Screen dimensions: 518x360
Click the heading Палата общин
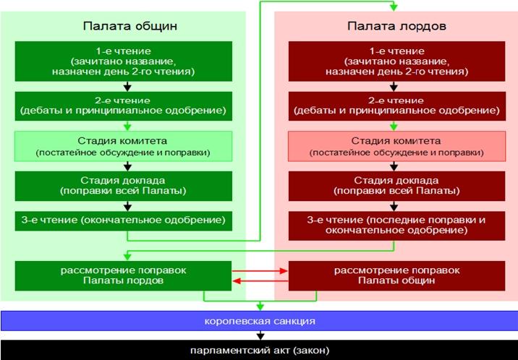[130, 26]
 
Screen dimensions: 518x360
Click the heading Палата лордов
[396, 26]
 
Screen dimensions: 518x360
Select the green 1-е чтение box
[124, 61]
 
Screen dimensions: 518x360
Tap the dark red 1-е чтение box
[396, 61]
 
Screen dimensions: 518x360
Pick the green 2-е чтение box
[124, 106]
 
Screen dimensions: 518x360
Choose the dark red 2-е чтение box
[396, 106]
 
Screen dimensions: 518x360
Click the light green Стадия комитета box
[123, 146]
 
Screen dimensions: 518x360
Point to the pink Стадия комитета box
[396, 146]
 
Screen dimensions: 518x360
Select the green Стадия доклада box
[124, 186]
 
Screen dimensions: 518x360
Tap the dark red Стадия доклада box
[396, 186]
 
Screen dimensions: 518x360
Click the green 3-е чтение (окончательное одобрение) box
[124, 220]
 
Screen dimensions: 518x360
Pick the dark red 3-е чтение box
[396, 226]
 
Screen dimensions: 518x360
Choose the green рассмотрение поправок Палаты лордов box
[123, 276]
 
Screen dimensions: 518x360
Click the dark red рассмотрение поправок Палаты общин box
[396, 276]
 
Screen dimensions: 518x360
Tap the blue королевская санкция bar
[259, 321]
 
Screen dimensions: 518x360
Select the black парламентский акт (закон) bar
[259, 350]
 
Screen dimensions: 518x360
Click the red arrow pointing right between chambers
[260, 271]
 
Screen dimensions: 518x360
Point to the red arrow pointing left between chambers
[260, 281]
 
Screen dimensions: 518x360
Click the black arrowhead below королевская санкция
[260, 336]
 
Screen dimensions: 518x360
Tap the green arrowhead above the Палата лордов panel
[394, 7]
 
